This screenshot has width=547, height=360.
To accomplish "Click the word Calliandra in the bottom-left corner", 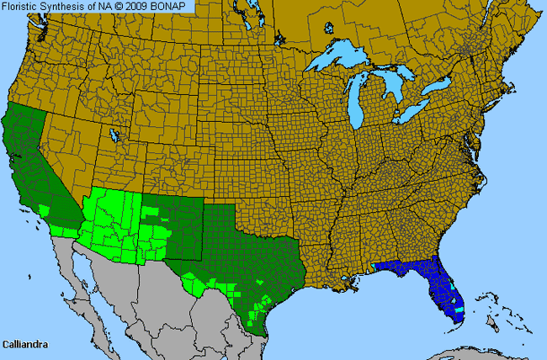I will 26,344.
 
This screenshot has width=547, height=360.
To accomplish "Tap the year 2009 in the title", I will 142,7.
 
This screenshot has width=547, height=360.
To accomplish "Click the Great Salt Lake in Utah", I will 113,134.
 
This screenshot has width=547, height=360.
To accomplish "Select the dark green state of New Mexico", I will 168,225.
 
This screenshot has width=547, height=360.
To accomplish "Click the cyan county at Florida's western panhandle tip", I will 373,265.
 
